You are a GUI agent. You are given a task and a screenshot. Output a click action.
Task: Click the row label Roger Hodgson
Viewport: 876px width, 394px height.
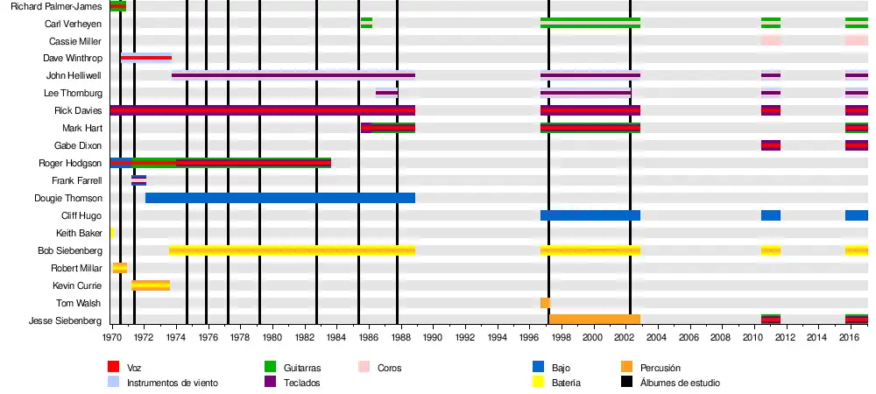70,163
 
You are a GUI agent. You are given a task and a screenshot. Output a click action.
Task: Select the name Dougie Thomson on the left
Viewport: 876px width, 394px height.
68,198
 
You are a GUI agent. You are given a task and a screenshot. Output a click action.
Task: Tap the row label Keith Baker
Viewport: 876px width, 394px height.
79,233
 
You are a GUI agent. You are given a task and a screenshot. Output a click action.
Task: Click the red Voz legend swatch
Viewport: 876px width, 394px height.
113,368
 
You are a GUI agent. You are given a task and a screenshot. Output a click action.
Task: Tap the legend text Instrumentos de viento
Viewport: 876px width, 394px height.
173,383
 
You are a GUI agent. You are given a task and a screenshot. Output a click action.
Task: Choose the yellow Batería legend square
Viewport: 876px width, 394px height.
539,383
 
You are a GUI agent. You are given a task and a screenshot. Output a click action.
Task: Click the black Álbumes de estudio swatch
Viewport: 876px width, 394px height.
626,383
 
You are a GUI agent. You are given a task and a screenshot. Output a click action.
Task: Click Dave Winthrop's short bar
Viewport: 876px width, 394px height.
146,58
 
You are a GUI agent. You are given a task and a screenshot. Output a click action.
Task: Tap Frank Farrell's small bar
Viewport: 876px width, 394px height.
138,180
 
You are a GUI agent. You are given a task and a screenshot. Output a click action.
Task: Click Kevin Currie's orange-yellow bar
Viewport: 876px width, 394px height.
151,285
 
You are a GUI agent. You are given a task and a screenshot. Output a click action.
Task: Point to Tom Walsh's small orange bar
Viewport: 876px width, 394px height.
545,303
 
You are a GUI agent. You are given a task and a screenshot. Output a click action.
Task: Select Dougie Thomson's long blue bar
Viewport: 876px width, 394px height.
280,198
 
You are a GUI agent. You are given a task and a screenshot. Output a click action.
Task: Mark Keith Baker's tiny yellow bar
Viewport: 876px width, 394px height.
112,233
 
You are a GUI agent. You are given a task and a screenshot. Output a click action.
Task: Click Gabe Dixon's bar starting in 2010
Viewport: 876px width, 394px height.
771,145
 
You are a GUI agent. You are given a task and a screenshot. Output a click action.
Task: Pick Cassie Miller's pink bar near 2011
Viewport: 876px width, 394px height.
771,40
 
